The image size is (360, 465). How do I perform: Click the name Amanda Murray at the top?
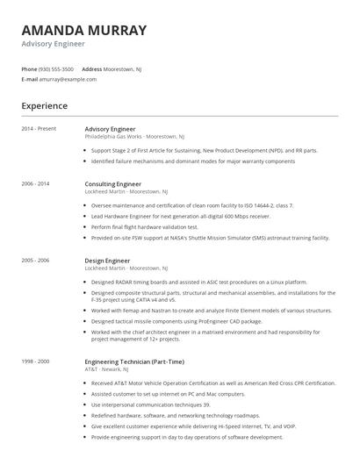pyautogui.click(x=83, y=31)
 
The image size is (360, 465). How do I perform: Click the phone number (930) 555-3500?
pyautogui.click(x=57, y=68)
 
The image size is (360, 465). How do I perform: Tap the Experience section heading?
pyautogui.click(x=44, y=106)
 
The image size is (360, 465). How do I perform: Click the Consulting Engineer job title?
pyautogui.click(x=112, y=184)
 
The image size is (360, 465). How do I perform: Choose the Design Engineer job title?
pyautogui.click(x=106, y=261)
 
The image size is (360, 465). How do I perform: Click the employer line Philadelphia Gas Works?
pyautogui.click(x=133, y=137)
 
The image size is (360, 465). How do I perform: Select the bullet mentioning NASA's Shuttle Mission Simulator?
pyautogui.click(x=210, y=238)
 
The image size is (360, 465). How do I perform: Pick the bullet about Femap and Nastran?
pyautogui.click(x=211, y=310)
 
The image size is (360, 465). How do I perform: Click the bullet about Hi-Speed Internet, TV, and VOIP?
pyautogui.click(x=205, y=426)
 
